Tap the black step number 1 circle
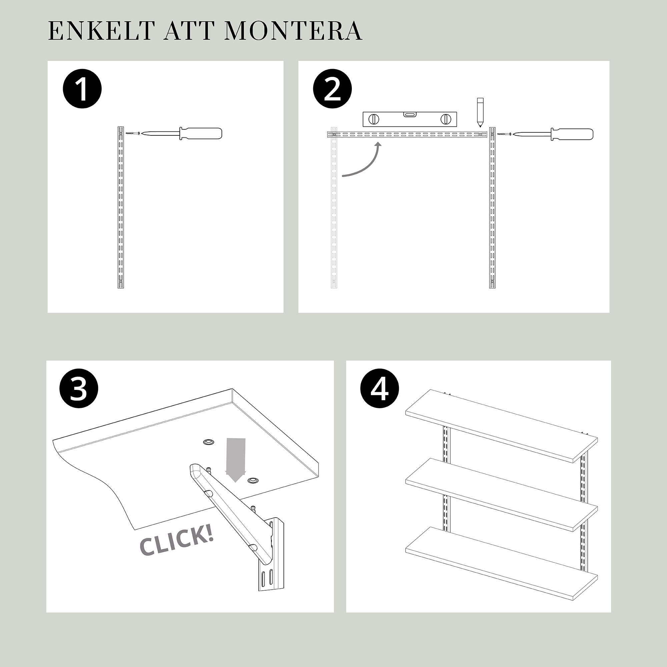pos(82,89)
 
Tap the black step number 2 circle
pos(332,89)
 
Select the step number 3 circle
pos(79,389)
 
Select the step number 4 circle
pos(380,389)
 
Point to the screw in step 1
pos(132,133)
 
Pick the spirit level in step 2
pos(410,119)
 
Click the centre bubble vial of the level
pos(410,115)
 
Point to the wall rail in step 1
pos(120,207)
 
